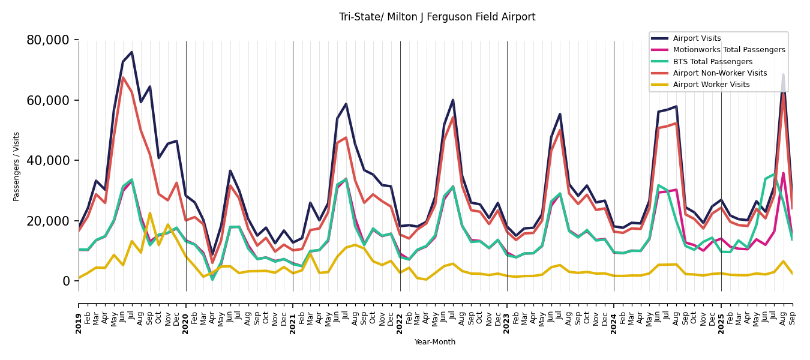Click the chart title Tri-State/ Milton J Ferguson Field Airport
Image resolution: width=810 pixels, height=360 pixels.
coord(437,17)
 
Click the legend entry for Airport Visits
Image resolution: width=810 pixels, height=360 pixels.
coord(697,38)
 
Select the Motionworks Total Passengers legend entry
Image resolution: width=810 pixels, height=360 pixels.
coord(728,50)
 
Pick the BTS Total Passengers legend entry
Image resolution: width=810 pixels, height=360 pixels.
coord(712,62)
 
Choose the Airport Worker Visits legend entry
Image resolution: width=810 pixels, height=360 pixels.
coord(711,85)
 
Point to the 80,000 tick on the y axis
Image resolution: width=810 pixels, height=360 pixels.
coord(48,40)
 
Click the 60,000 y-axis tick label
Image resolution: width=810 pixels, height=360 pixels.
coord(48,100)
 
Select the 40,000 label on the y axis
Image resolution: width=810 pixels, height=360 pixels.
coord(48,161)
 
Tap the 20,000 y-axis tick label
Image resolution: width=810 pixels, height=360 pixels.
coord(48,221)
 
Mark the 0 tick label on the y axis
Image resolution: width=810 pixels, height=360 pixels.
coord(66,281)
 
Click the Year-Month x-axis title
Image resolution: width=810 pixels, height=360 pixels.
coord(435,342)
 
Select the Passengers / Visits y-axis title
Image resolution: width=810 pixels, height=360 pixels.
coord(16,166)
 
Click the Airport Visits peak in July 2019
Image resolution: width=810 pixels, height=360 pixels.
coord(132,52)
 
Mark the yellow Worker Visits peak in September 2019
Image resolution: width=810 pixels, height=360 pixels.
coord(150,213)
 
